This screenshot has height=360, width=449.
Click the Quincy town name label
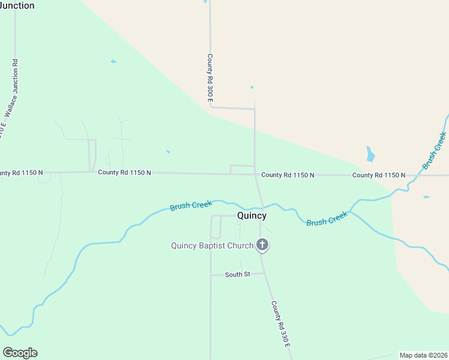pyautogui.click(x=252, y=215)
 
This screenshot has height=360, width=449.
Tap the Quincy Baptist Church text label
pyautogui.click(x=212, y=245)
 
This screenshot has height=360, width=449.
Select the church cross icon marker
pyautogui.click(x=262, y=244)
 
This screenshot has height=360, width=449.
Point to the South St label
pyautogui.click(x=237, y=275)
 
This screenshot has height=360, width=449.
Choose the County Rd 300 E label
pyautogui.click(x=210, y=79)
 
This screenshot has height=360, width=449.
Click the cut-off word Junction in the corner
pyautogui.click(x=17, y=5)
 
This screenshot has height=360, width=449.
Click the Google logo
pyautogui.click(x=20, y=353)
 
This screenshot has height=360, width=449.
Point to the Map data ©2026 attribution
pyautogui.click(x=423, y=355)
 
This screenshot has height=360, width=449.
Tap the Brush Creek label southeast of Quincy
pyautogui.click(x=327, y=218)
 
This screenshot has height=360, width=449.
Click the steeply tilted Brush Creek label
pyautogui.click(x=435, y=150)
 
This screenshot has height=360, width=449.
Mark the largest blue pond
pyautogui.click(x=370, y=154)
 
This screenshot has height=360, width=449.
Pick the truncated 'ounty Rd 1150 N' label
pyautogui.click(x=22, y=173)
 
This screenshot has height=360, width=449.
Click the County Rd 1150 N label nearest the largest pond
pyautogui.click(x=378, y=175)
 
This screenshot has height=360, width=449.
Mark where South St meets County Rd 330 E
pyautogui.click(x=265, y=273)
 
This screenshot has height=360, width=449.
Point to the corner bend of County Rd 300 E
pyautogui.click(x=210, y=107)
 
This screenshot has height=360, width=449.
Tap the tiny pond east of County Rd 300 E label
pyautogui.click(x=252, y=87)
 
